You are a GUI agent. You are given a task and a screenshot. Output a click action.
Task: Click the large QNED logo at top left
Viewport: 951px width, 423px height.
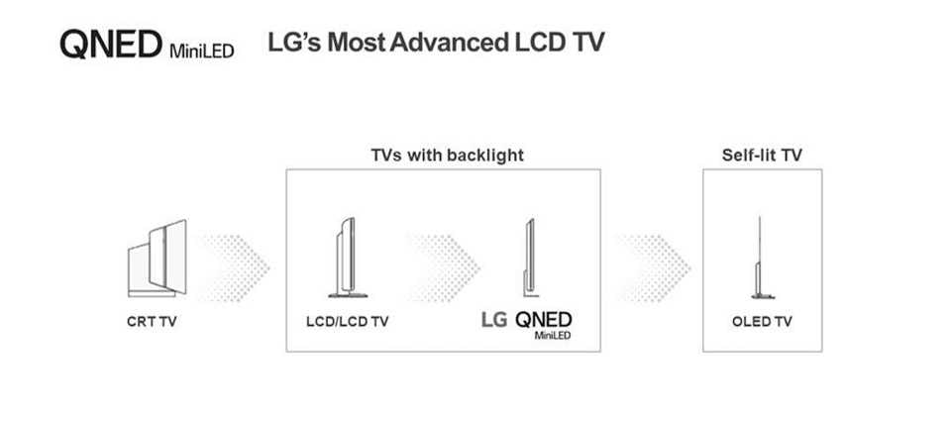tap(111, 45)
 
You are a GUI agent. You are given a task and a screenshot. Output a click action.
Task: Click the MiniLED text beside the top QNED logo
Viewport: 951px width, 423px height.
tap(201, 51)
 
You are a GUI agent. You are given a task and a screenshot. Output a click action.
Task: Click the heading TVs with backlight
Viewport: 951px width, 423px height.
tap(447, 156)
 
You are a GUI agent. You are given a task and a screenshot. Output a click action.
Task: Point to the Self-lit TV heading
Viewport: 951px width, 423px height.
tap(762, 156)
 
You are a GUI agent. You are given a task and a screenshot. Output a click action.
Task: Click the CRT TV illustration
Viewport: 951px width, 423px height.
tap(158, 259)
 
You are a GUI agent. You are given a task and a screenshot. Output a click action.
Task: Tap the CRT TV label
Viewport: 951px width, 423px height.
tap(152, 322)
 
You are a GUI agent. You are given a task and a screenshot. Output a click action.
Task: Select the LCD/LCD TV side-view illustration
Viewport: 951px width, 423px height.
tap(348, 258)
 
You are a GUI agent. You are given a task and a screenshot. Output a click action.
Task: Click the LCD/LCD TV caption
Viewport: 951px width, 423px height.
tap(347, 322)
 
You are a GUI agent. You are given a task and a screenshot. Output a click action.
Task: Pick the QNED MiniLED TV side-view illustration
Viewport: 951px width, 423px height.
tap(529, 258)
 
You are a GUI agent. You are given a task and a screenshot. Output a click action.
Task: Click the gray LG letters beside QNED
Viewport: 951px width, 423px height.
tap(493, 320)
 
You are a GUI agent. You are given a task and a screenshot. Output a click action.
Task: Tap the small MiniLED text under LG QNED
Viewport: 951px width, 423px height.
tap(553, 336)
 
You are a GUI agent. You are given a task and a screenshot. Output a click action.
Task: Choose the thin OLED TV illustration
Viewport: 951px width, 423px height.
tap(761, 258)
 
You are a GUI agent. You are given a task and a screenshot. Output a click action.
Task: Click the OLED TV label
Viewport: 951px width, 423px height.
tap(762, 322)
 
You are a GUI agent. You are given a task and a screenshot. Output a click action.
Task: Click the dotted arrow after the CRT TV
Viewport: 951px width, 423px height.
tap(237, 267)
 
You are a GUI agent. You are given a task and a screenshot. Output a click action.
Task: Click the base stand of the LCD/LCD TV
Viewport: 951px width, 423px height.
tap(348, 295)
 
